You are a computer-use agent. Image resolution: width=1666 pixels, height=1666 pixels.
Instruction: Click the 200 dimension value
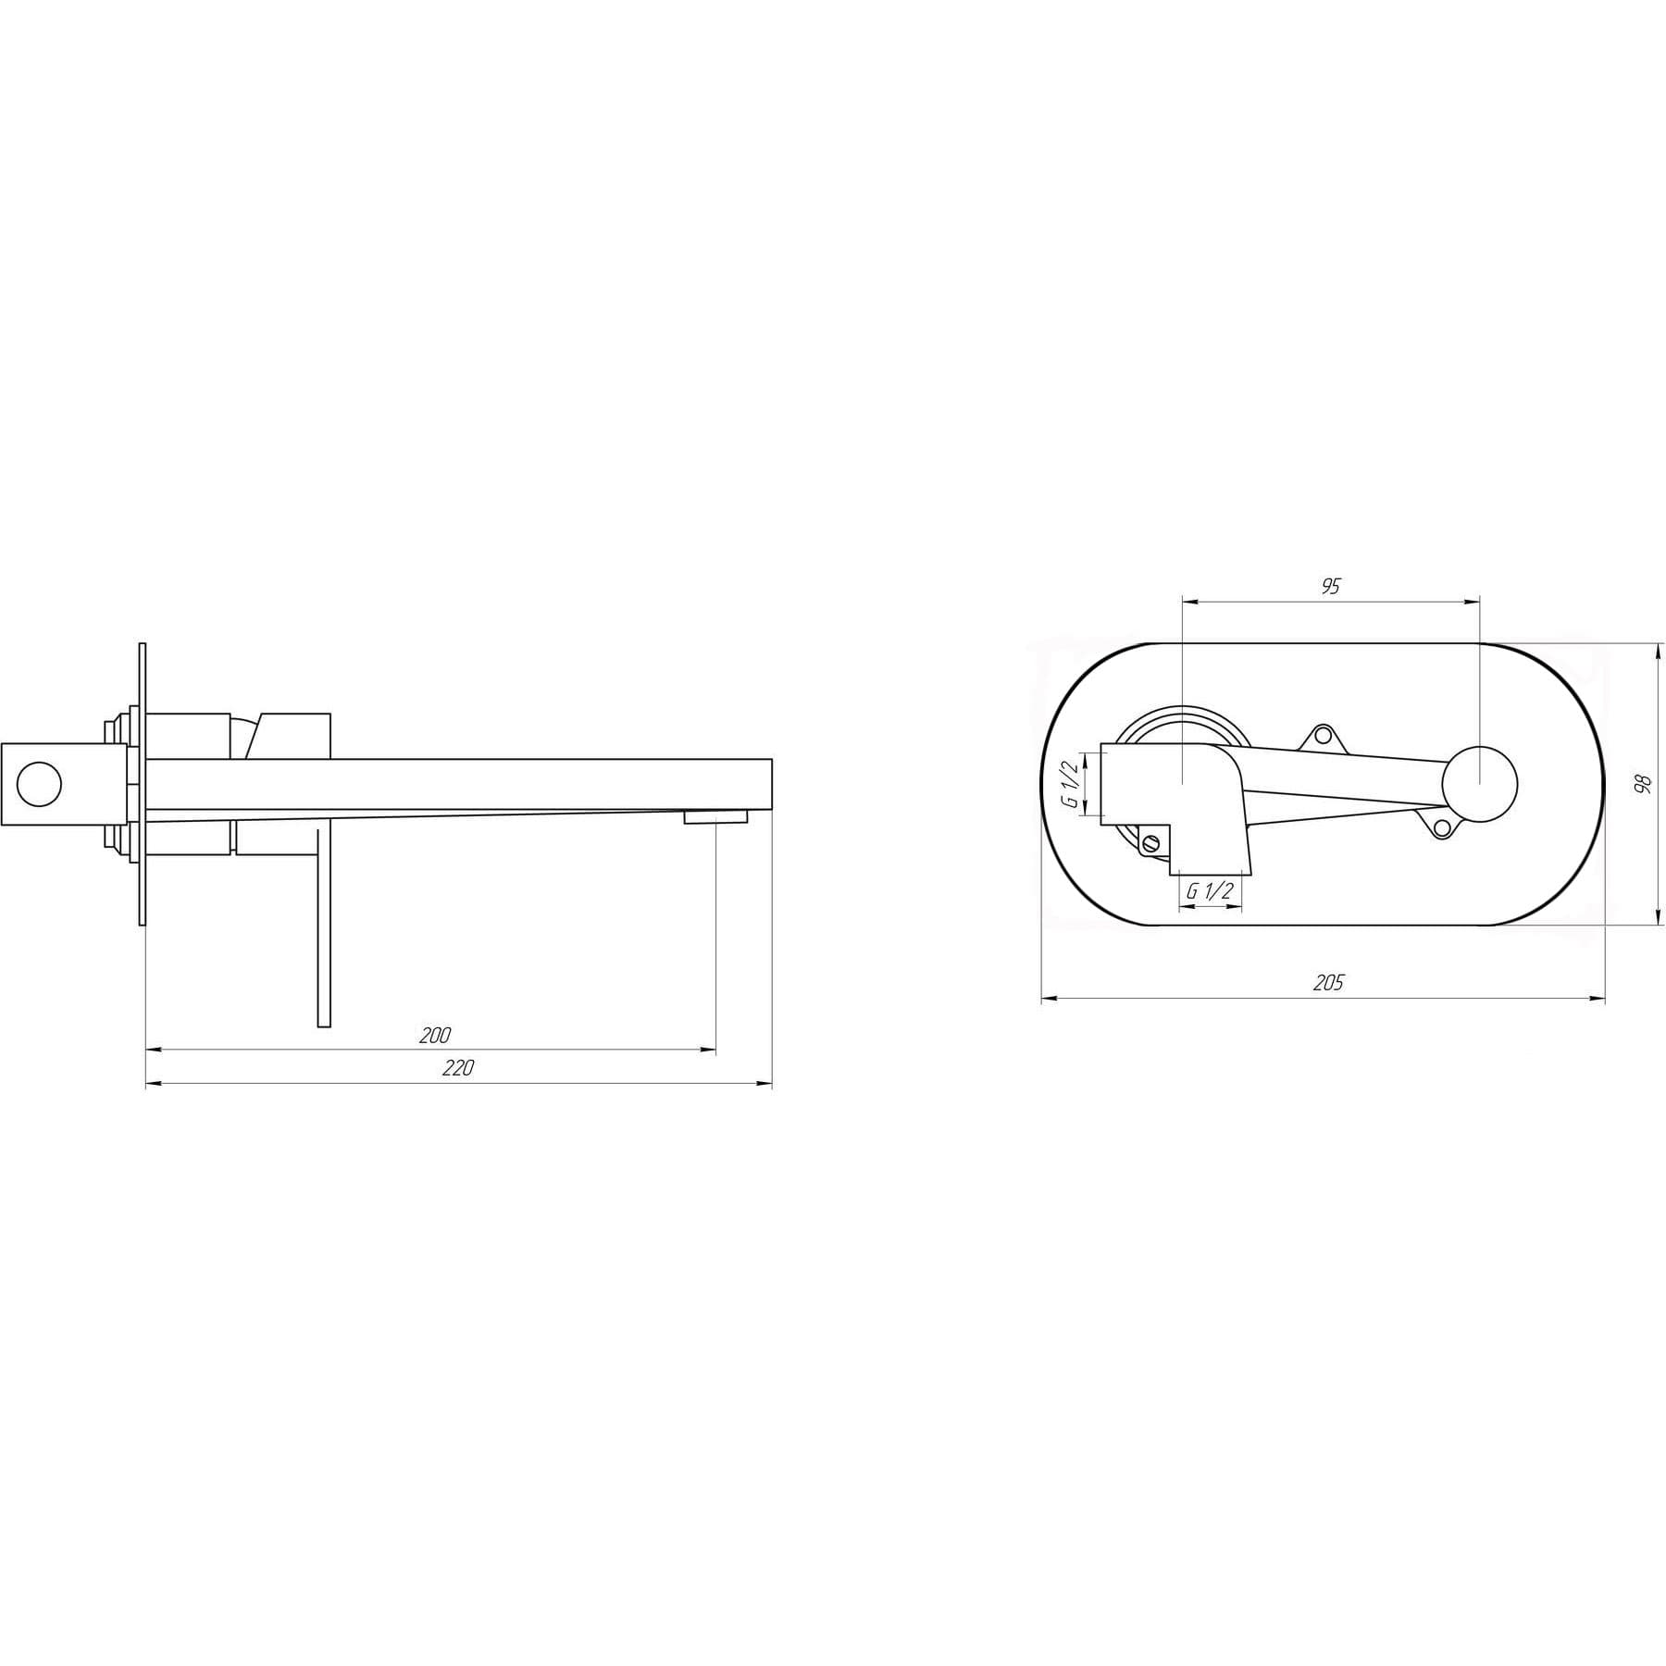(434, 1035)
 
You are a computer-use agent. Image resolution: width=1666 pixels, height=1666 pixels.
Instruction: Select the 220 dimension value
(457, 1068)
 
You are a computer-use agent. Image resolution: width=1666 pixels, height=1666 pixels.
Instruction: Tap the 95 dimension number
(1330, 586)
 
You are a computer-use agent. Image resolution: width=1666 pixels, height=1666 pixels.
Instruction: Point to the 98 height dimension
(1642, 783)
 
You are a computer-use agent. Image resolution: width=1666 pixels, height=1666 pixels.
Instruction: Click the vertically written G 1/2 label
(1071, 784)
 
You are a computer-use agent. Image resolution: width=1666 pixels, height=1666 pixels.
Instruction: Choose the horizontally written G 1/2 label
(1210, 891)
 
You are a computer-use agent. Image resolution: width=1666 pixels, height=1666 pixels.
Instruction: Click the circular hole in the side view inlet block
(39, 784)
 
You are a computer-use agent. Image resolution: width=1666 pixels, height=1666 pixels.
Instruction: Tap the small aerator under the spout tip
(715, 816)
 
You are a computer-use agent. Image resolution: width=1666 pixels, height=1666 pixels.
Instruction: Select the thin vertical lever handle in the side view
(324, 926)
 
